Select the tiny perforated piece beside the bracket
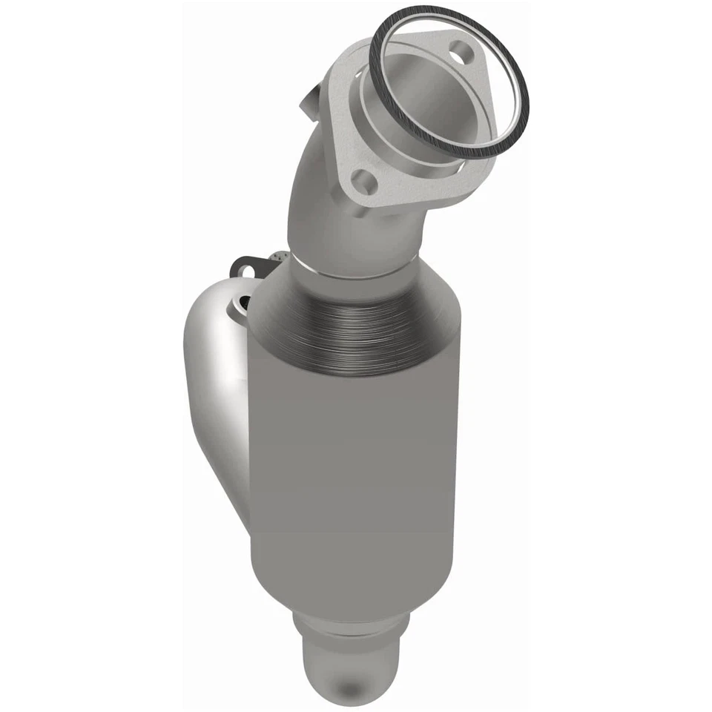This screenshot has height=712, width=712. point(278,257)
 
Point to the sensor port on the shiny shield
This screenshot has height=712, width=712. point(242,302)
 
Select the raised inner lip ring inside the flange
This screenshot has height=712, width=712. point(386,104)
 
